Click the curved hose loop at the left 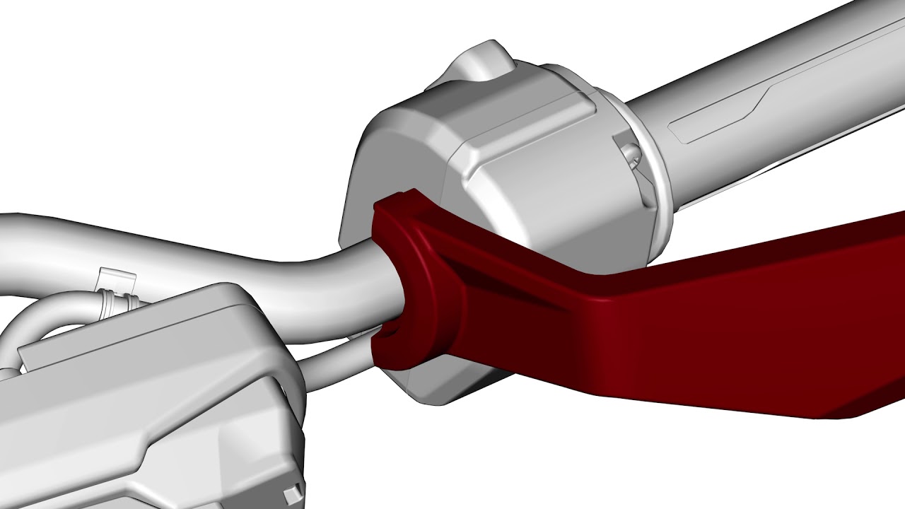click(28, 332)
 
